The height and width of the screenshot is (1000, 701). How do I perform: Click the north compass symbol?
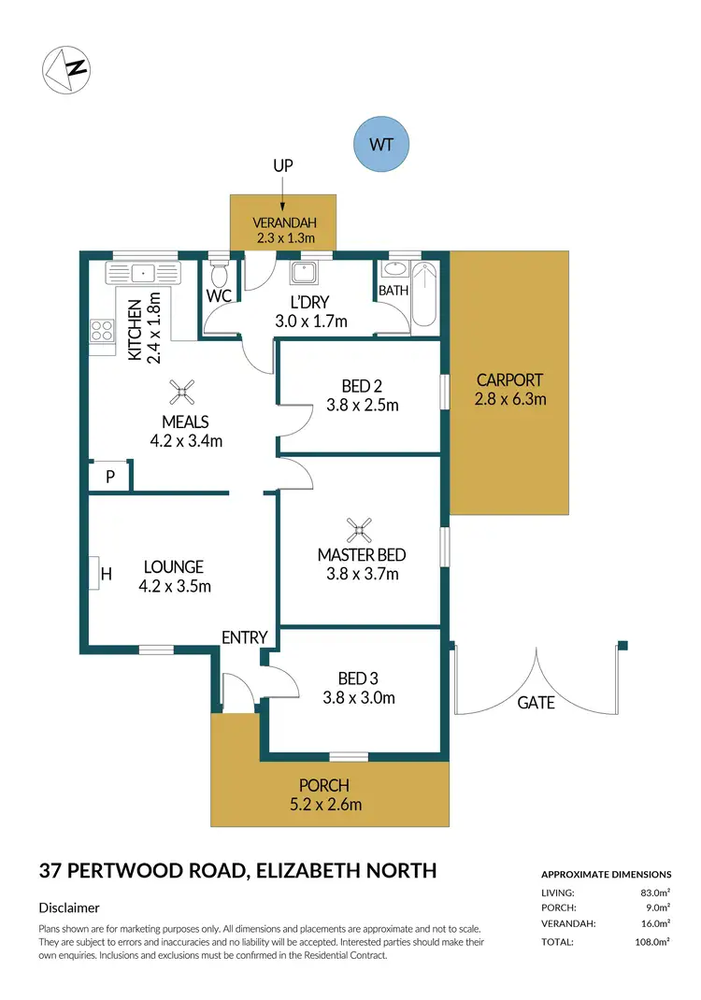65,69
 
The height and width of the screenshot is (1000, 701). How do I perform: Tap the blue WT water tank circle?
380,146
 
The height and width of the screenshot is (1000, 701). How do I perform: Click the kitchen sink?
144,274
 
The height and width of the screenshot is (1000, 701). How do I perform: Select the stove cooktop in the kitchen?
99,331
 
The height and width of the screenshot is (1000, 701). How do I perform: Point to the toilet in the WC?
220,275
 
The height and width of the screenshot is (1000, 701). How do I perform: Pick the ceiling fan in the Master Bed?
360,531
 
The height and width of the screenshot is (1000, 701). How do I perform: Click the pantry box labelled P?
109,477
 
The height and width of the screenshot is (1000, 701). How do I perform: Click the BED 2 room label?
362,385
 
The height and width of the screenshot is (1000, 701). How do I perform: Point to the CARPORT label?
509,380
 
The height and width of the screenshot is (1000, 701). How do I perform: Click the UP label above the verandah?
283,165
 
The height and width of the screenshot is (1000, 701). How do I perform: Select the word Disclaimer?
69,907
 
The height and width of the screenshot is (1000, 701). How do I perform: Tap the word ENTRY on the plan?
245,637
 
